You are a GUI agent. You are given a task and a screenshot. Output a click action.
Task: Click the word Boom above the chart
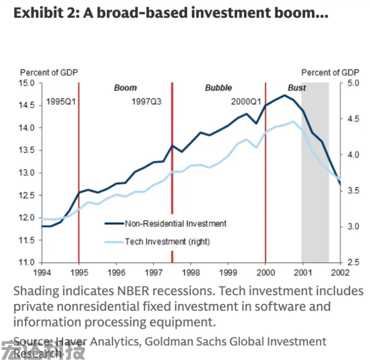tap(126, 88)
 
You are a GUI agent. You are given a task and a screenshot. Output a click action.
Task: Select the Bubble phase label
tap(218, 88)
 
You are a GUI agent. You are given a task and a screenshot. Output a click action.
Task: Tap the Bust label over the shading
tap(297, 88)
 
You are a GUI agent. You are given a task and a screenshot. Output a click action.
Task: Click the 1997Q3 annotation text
tap(147, 101)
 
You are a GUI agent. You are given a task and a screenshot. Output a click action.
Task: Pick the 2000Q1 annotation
tap(246, 101)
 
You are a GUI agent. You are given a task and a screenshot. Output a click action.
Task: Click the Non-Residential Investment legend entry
tap(175, 224)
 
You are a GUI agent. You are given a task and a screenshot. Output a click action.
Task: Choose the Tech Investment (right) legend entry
tap(167, 241)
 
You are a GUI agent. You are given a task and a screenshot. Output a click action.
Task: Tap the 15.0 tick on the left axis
tap(27, 83)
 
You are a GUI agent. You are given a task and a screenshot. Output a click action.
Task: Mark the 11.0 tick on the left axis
tap(27, 262)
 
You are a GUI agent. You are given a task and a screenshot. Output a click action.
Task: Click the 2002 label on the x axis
tap(340, 272)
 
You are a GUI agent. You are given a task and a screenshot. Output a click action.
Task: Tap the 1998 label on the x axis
tap(191, 272)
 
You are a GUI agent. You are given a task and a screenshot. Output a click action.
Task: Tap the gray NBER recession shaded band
tap(315, 203)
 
